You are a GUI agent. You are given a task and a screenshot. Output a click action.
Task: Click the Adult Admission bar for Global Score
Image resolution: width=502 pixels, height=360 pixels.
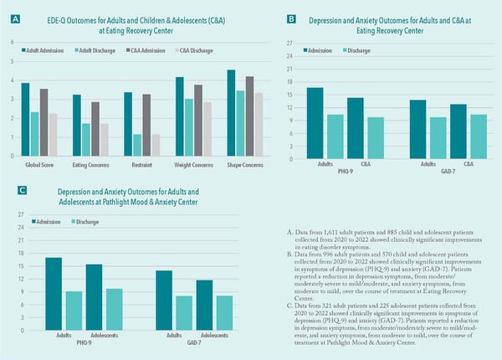(x=25, y=120)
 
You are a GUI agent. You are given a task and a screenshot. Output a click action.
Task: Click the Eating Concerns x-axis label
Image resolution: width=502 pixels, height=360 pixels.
(x=89, y=164)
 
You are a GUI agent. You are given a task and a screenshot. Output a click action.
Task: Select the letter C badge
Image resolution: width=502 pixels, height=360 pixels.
(x=23, y=191)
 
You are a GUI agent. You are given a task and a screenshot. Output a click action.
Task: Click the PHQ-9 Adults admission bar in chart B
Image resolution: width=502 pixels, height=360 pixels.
(x=315, y=123)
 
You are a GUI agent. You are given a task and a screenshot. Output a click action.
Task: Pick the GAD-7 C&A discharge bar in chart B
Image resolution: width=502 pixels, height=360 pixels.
(x=478, y=136)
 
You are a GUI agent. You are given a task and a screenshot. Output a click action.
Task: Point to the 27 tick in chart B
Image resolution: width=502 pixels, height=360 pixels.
(x=289, y=43)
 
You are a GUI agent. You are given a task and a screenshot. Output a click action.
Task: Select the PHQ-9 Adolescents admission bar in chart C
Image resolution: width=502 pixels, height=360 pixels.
(x=94, y=297)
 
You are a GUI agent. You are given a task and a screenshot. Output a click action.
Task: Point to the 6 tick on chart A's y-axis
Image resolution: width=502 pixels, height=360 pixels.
(x=13, y=42)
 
